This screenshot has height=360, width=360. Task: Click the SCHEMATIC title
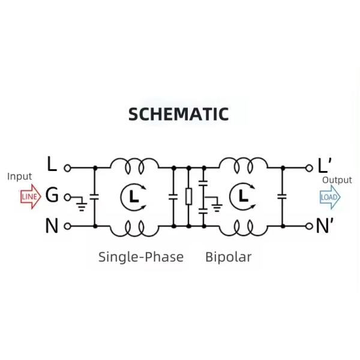click(x=179, y=114)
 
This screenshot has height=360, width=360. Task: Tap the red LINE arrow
click(x=29, y=197)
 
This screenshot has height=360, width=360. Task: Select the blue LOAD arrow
click(x=329, y=197)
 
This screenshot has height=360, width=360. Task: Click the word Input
click(x=19, y=176)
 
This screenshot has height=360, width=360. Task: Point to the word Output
click(x=337, y=180)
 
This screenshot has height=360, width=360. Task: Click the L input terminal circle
click(x=67, y=168)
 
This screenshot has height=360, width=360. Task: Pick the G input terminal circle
click(x=67, y=197)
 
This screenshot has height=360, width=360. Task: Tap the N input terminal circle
click(x=67, y=226)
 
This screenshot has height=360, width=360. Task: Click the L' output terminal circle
click(x=310, y=168)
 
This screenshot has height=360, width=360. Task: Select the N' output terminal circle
click(x=310, y=226)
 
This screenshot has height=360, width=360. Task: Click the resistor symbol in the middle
click(x=188, y=197)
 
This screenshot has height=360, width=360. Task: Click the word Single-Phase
click(x=141, y=257)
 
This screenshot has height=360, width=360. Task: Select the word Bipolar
click(x=228, y=257)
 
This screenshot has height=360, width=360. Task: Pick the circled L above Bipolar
click(x=242, y=196)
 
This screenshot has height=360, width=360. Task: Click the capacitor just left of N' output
click(x=282, y=197)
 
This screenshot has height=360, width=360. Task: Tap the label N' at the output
click(x=326, y=226)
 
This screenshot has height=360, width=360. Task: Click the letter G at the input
click(x=52, y=196)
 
